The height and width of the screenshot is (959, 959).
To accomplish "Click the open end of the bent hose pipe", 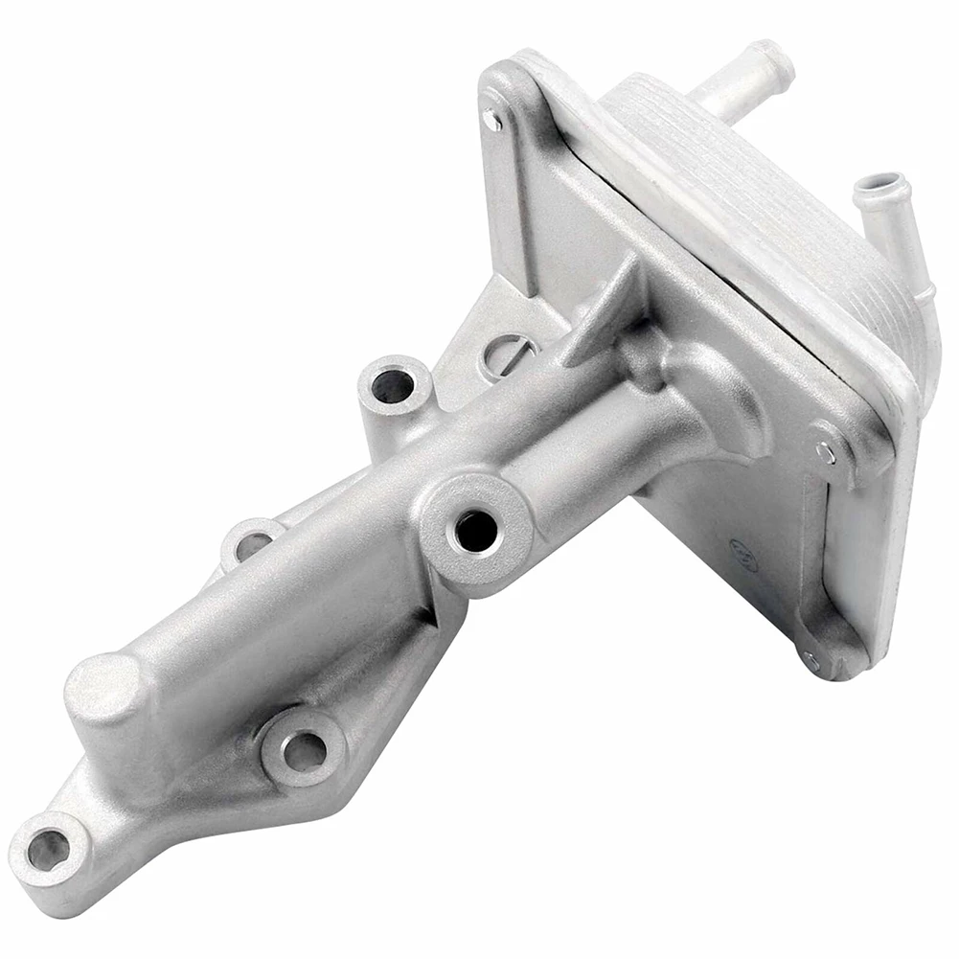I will (x=879, y=185).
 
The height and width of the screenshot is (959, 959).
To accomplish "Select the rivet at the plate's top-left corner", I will (x=492, y=121).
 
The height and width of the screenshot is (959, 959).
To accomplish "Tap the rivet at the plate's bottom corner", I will (x=812, y=659).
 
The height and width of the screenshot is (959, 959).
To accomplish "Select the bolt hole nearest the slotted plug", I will (x=392, y=385).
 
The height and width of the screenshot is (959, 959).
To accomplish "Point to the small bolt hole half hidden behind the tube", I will (x=251, y=543).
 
